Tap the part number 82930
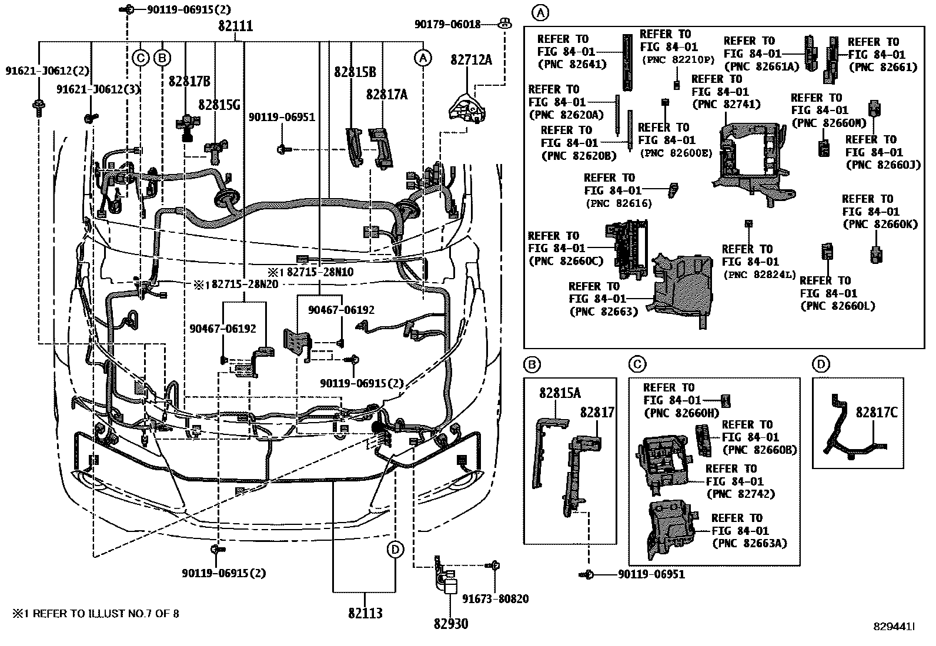click(x=451, y=624)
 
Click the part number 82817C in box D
click(x=877, y=412)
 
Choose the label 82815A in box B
click(x=560, y=393)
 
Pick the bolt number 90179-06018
click(x=447, y=24)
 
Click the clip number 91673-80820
click(x=495, y=599)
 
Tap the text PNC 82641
click(x=567, y=64)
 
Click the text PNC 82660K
click(x=880, y=224)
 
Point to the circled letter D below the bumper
click(x=395, y=550)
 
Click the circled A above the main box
click(x=540, y=11)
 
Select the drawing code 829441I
click(x=893, y=627)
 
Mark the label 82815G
click(x=219, y=105)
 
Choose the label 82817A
click(x=386, y=95)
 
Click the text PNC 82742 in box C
click(x=741, y=494)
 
